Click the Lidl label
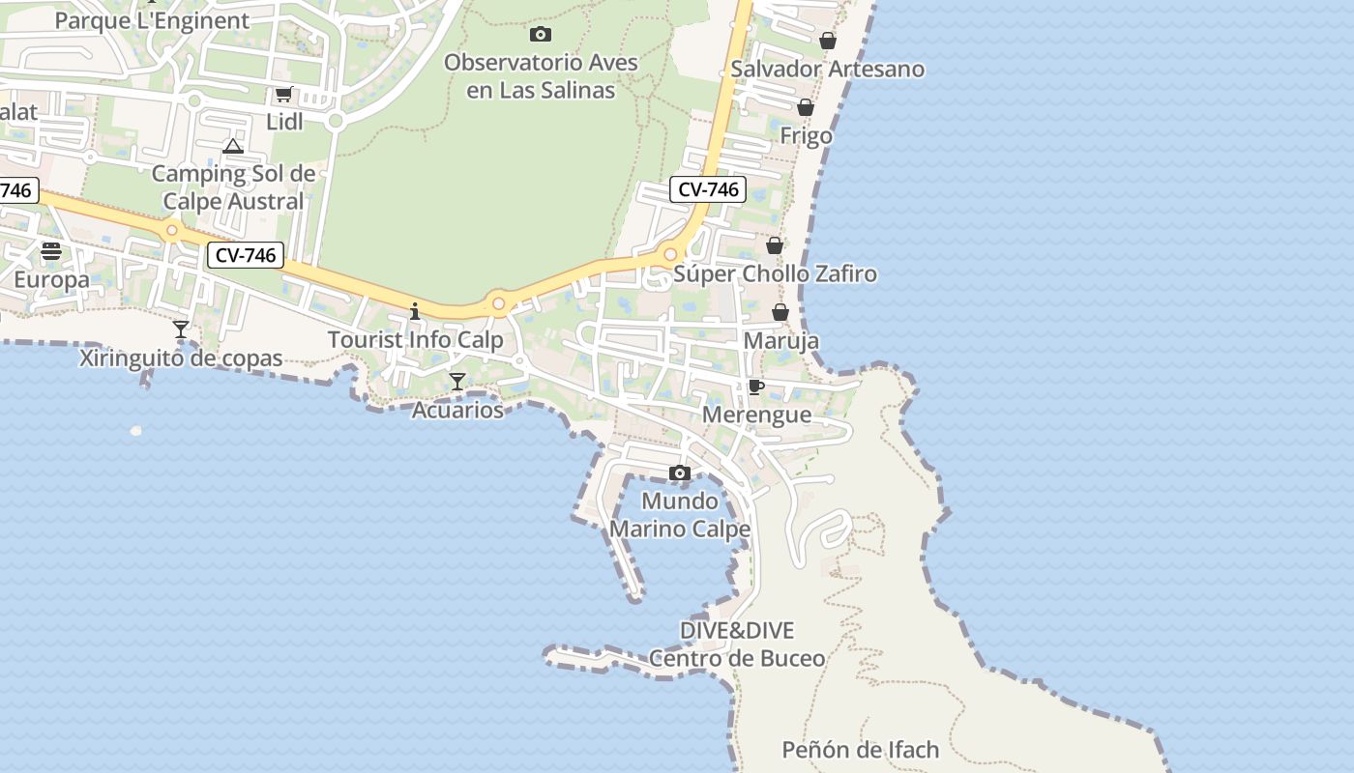284,122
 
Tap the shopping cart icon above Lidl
283,95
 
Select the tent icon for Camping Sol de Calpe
232,147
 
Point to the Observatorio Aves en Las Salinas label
541,76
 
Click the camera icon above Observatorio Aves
541,35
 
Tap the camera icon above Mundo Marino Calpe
680,472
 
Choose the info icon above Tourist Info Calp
415,311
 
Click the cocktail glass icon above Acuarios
457,382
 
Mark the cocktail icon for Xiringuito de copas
181,329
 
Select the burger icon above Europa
51,251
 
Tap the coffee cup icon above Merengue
756,387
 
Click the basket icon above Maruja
780,312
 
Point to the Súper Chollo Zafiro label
775,274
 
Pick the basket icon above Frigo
806,107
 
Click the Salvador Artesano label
827,70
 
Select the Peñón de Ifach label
860,750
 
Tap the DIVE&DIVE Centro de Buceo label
736,644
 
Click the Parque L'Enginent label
152,21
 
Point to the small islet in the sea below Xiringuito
135,431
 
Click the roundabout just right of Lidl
336,121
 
